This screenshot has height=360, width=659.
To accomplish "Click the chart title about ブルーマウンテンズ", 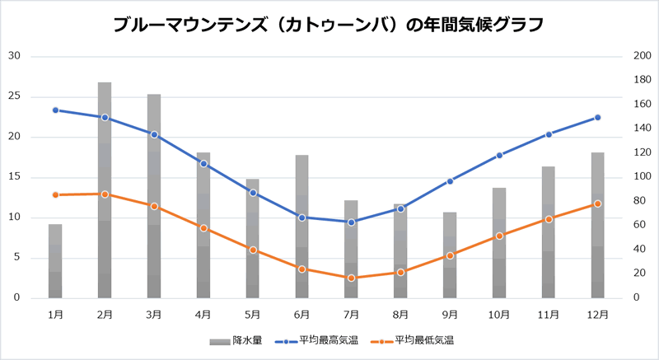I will pos(329,25).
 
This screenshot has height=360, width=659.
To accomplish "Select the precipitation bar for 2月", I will pos(105,189).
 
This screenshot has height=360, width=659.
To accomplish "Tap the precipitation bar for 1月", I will pos(55,260).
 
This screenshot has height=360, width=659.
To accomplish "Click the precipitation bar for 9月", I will pos(450,255).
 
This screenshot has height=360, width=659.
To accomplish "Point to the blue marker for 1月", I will pos(55,110).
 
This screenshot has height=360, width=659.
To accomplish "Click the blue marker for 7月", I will pos(352,222).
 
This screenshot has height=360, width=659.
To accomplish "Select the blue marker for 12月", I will pos(598,117).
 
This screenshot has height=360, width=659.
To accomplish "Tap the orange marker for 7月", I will pos(352,278).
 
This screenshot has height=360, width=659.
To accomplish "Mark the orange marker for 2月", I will pos(105,194).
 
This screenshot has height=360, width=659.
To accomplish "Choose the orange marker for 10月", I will pos(499,236).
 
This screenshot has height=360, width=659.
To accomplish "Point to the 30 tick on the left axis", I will pos(14,56).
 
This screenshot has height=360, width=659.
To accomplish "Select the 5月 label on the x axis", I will pos(253,314).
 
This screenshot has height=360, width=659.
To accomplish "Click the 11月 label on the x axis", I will pos(549,314).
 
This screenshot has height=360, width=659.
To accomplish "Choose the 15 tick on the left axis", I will pos(14,177).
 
